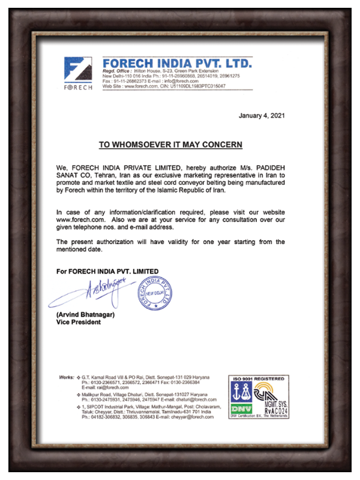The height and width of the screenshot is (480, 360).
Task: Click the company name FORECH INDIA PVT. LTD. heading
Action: (x=177, y=63)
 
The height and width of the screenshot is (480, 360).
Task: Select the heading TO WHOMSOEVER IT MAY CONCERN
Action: (x=170, y=145)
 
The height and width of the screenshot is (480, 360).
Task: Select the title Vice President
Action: (x=79, y=322)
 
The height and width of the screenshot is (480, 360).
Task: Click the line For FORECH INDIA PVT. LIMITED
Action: (x=107, y=272)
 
